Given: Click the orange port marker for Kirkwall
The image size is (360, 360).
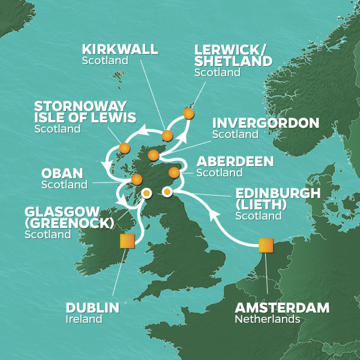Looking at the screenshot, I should tap(167, 136).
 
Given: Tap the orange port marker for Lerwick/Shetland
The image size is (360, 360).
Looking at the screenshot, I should tap(188, 113).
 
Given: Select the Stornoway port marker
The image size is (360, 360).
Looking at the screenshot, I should tap(124, 148).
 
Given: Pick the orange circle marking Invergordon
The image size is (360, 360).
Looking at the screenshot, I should tap(153, 155).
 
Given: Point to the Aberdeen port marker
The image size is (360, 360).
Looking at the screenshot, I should tap(174, 173).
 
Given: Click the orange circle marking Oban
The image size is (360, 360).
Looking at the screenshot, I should tap(136, 179).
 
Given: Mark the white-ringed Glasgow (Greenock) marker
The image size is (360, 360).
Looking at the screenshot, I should tap(146, 193).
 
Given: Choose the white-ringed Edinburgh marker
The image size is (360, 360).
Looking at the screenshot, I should tap(167, 192).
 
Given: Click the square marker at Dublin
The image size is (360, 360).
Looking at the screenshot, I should tap(127, 241).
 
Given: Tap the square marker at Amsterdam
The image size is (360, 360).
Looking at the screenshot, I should tap(266, 245).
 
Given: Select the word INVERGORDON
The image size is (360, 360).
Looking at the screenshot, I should tap(266, 123).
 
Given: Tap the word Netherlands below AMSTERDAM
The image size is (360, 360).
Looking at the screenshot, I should tap(266, 319).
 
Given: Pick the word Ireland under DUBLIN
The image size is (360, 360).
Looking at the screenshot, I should tap(83, 319).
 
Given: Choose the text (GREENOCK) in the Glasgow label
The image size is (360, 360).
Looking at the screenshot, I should tap(70, 223).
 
